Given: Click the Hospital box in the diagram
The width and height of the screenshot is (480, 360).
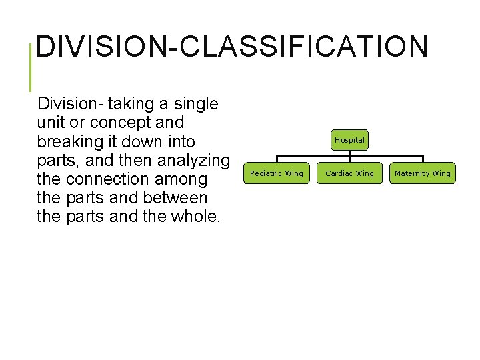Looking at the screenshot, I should [349, 140].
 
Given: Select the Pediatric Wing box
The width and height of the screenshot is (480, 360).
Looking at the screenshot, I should [276, 173].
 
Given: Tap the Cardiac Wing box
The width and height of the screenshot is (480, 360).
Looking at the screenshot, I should [349, 173].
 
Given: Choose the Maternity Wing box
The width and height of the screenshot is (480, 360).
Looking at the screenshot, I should [423, 173].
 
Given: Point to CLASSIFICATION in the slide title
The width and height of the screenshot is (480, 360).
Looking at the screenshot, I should [303, 47].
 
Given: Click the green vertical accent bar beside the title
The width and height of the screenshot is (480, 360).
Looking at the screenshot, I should [31, 67].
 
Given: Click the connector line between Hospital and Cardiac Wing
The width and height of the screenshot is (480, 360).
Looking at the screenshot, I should [349, 156].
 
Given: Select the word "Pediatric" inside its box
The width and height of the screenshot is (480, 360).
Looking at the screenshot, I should [266, 173].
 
